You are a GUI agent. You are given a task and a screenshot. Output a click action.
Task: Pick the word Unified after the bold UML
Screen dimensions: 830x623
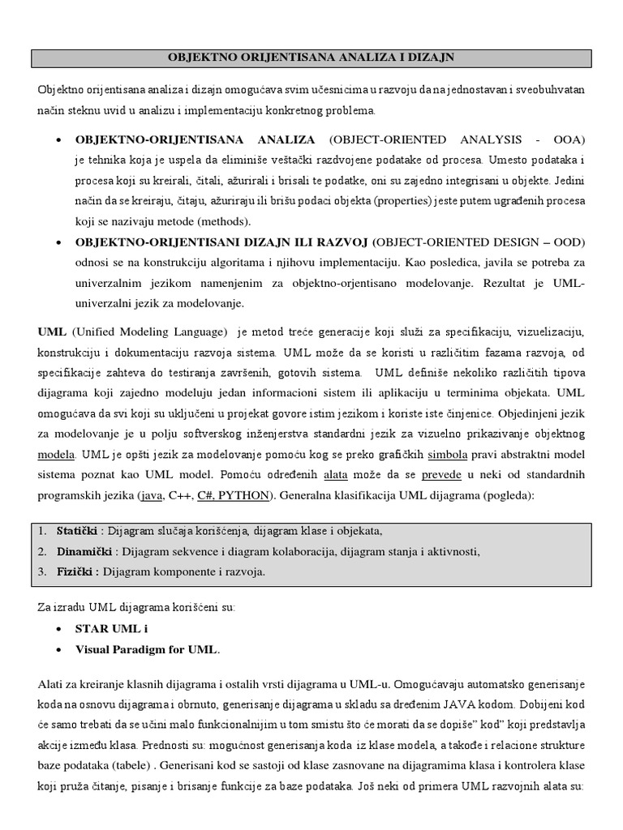(x=99, y=332)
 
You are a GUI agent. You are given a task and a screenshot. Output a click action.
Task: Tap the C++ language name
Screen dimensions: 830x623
(x=183, y=494)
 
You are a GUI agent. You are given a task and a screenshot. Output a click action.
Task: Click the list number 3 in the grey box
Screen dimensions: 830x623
(x=42, y=571)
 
